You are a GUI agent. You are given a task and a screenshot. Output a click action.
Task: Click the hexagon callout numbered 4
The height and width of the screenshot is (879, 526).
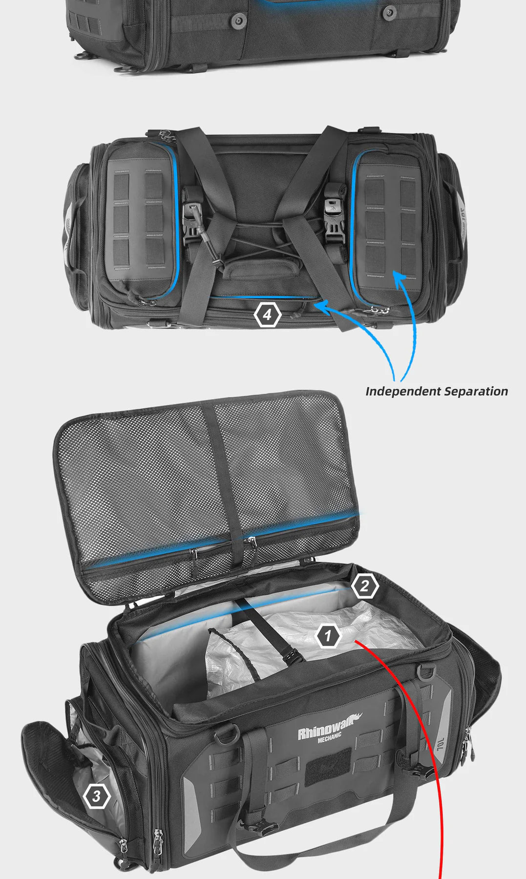click(267, 315)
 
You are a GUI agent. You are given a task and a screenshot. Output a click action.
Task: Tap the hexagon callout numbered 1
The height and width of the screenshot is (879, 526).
click(328, 636)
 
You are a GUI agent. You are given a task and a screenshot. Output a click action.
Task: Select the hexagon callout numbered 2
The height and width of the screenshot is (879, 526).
click(364, 586)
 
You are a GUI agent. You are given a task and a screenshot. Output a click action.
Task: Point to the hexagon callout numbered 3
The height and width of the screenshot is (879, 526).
click(97, 796)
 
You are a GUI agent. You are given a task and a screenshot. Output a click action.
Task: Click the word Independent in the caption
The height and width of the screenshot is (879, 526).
click(403, 392)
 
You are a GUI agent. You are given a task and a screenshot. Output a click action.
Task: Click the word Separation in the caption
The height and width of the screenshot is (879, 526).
click(476, 392)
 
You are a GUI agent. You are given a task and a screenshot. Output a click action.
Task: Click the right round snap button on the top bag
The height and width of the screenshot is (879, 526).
click(389, 12)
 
